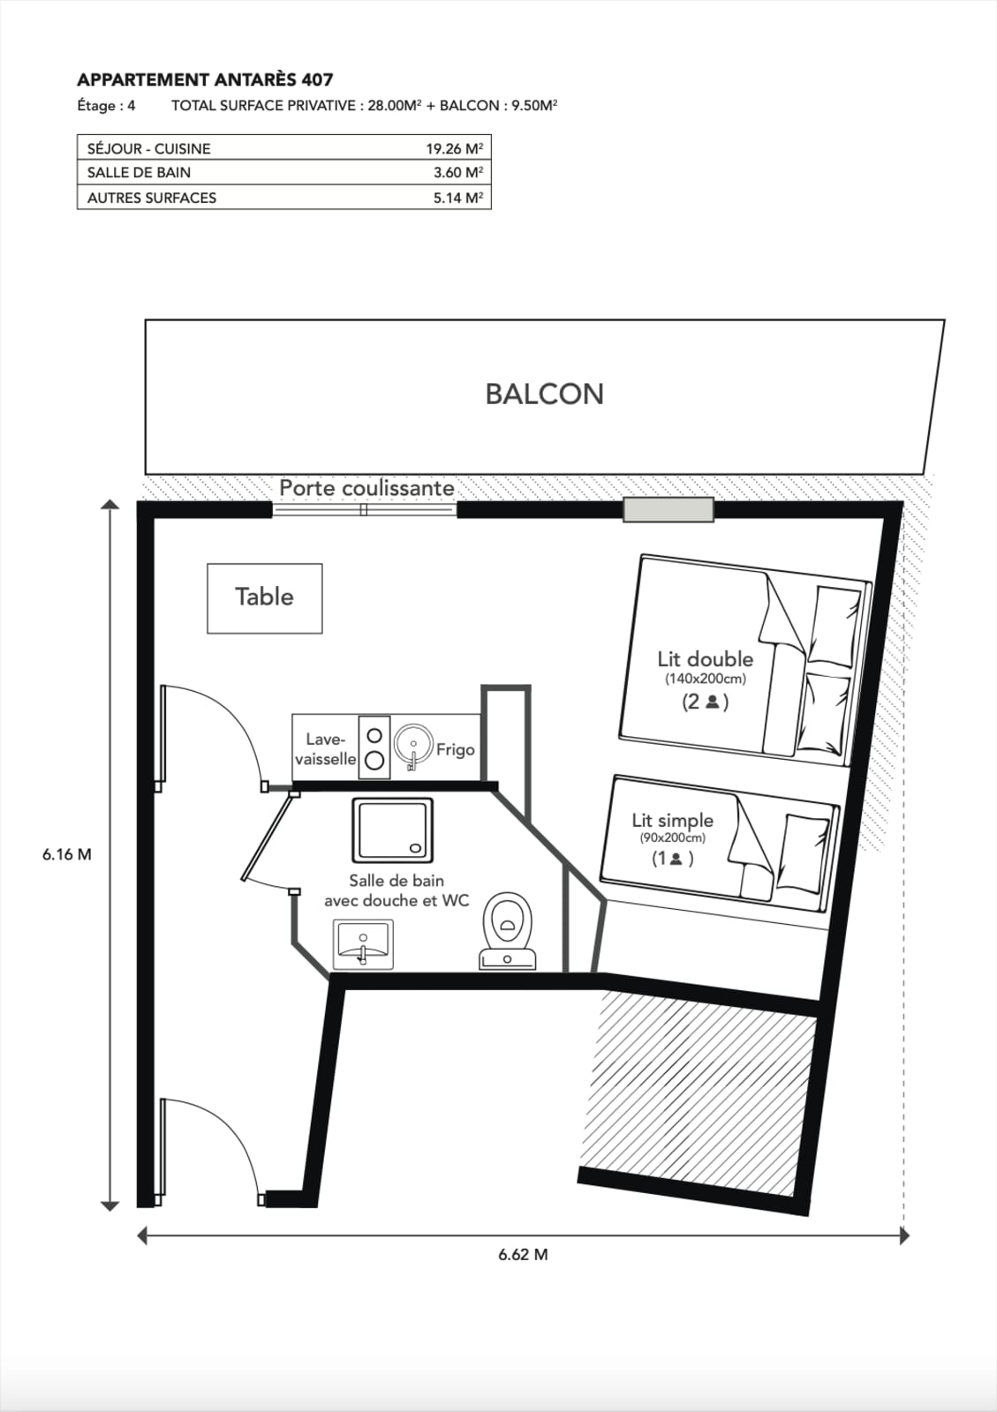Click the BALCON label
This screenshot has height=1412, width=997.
pyautogui.click(x=544, y=394)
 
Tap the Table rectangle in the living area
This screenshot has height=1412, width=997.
pyautogui.click(x=265, y=598)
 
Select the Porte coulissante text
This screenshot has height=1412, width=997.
pyautogui.click(x=366, y=487)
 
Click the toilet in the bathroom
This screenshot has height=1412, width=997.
pyautogui.click(x=508, y=930)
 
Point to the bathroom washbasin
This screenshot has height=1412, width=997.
pyautogui.click(x=363, y=944)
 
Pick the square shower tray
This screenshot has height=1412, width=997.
pyautogui.click(x=393, y=830)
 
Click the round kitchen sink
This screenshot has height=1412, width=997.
pyautogui.click(x=413, y=744)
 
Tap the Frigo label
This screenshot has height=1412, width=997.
pyautogui.click(x=456, y=749)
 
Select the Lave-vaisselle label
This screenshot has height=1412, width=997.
pyautogui.click(x=325, y=749)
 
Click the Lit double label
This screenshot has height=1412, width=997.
pyautogui.click(x=705, y=659)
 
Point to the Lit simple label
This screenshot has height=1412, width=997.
pyautogui.click(x=672, y=820)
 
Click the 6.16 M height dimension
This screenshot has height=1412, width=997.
pyautogui.click(x=67, y=855)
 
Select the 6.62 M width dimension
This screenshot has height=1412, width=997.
pyautogui.click(x=523, y=1254)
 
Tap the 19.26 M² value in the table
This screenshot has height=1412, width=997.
pyautogui.click(x=454, y=149)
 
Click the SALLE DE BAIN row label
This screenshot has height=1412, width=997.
pyautogui.click(x=139, y=173)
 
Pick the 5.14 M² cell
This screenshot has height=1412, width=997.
pyautogui.click(x=457, y=198)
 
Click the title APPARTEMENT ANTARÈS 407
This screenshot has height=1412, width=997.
pyautogui.click(x=205, y=80)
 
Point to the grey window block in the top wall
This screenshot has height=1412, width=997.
pyautogui.click(x=668, y=509)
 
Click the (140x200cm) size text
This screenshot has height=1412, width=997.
pyautogui.click(x=705, y=680)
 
